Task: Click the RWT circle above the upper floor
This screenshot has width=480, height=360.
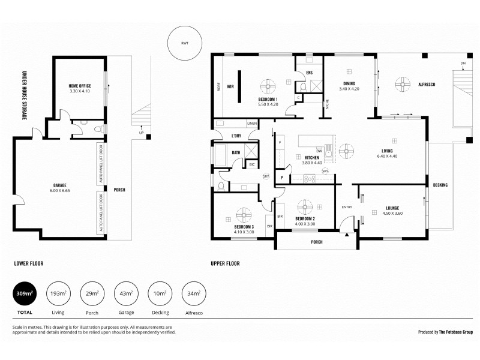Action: (185, 43)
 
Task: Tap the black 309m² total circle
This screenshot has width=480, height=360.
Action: (25, 294)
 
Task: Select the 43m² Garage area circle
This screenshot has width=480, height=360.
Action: (126, 294)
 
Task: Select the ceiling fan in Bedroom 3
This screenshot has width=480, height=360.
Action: (244, 214)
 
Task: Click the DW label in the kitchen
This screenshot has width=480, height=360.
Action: (319, 151)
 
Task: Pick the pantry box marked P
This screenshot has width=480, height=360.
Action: (281, 178)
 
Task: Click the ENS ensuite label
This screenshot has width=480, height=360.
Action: (309, 73)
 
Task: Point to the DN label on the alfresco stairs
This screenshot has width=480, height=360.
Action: (463, 62)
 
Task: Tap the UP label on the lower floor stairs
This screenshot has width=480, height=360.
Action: (141, 133)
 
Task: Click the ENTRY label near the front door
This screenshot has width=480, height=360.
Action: (347, 207)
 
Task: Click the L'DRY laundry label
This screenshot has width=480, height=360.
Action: (236, 136)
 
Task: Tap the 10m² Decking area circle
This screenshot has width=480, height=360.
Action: (160, 294)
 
